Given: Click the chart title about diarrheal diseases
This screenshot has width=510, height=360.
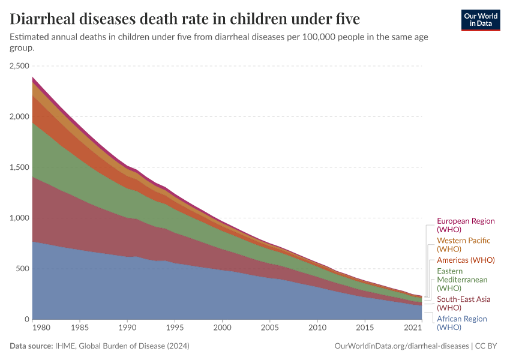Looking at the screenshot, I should (185, 19).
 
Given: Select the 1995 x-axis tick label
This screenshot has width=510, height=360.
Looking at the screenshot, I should (175, 328).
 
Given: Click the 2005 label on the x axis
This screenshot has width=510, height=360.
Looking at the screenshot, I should (269, 328).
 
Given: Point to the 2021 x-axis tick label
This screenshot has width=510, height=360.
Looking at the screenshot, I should (413, 328).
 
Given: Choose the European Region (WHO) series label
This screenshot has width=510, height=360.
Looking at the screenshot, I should (466, 225).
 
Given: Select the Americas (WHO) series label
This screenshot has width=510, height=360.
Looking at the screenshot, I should (466, 260).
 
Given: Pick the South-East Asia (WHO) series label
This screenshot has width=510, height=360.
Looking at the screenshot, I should (463, 303).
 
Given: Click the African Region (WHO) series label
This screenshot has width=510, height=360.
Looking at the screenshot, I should (461, 323).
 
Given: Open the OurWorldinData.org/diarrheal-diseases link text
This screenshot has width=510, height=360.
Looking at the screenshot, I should (401, 346).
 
